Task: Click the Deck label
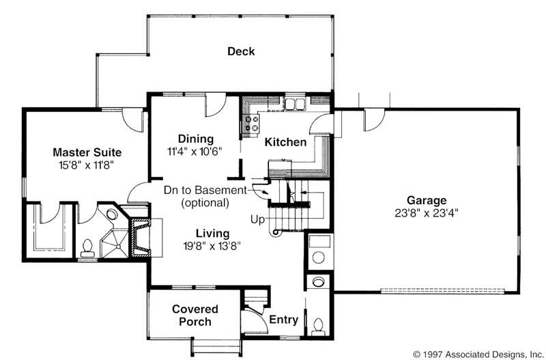(241, 51)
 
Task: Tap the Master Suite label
(87, 152)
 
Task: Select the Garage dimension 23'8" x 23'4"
(426, 213)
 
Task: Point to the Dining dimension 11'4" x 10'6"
(195, 152)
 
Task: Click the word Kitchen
(285, 142)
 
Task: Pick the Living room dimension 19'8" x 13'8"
(212, 246)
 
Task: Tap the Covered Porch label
(195, 315)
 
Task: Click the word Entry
(284, 320)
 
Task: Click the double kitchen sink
(294, 104)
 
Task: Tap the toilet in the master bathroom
(87, 248)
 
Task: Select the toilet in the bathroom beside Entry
(318, 327)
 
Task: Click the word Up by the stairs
(258, 220)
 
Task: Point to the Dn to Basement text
(205, 191)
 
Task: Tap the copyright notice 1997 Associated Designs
(477, 353)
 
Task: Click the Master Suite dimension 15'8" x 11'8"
(87, 165)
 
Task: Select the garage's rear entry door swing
(374, 120)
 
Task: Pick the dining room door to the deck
(216, 105)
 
